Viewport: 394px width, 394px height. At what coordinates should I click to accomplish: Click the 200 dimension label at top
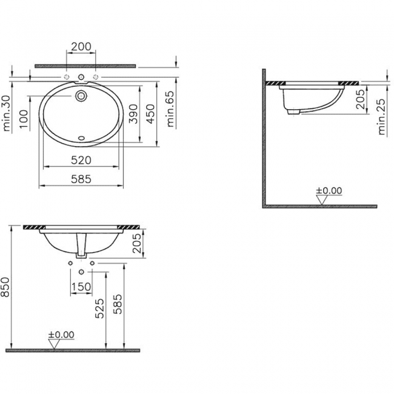81,47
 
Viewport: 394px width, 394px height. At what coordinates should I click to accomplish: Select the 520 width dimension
81,160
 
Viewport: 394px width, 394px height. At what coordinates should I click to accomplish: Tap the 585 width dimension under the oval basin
81,179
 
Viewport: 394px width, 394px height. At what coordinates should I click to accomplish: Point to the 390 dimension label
133,114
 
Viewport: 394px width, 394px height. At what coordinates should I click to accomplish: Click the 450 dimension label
150,114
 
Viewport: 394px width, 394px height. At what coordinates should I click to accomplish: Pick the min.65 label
170,109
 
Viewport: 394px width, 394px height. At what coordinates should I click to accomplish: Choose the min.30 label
7,113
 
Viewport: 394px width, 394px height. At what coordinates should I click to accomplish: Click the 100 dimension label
24,119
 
